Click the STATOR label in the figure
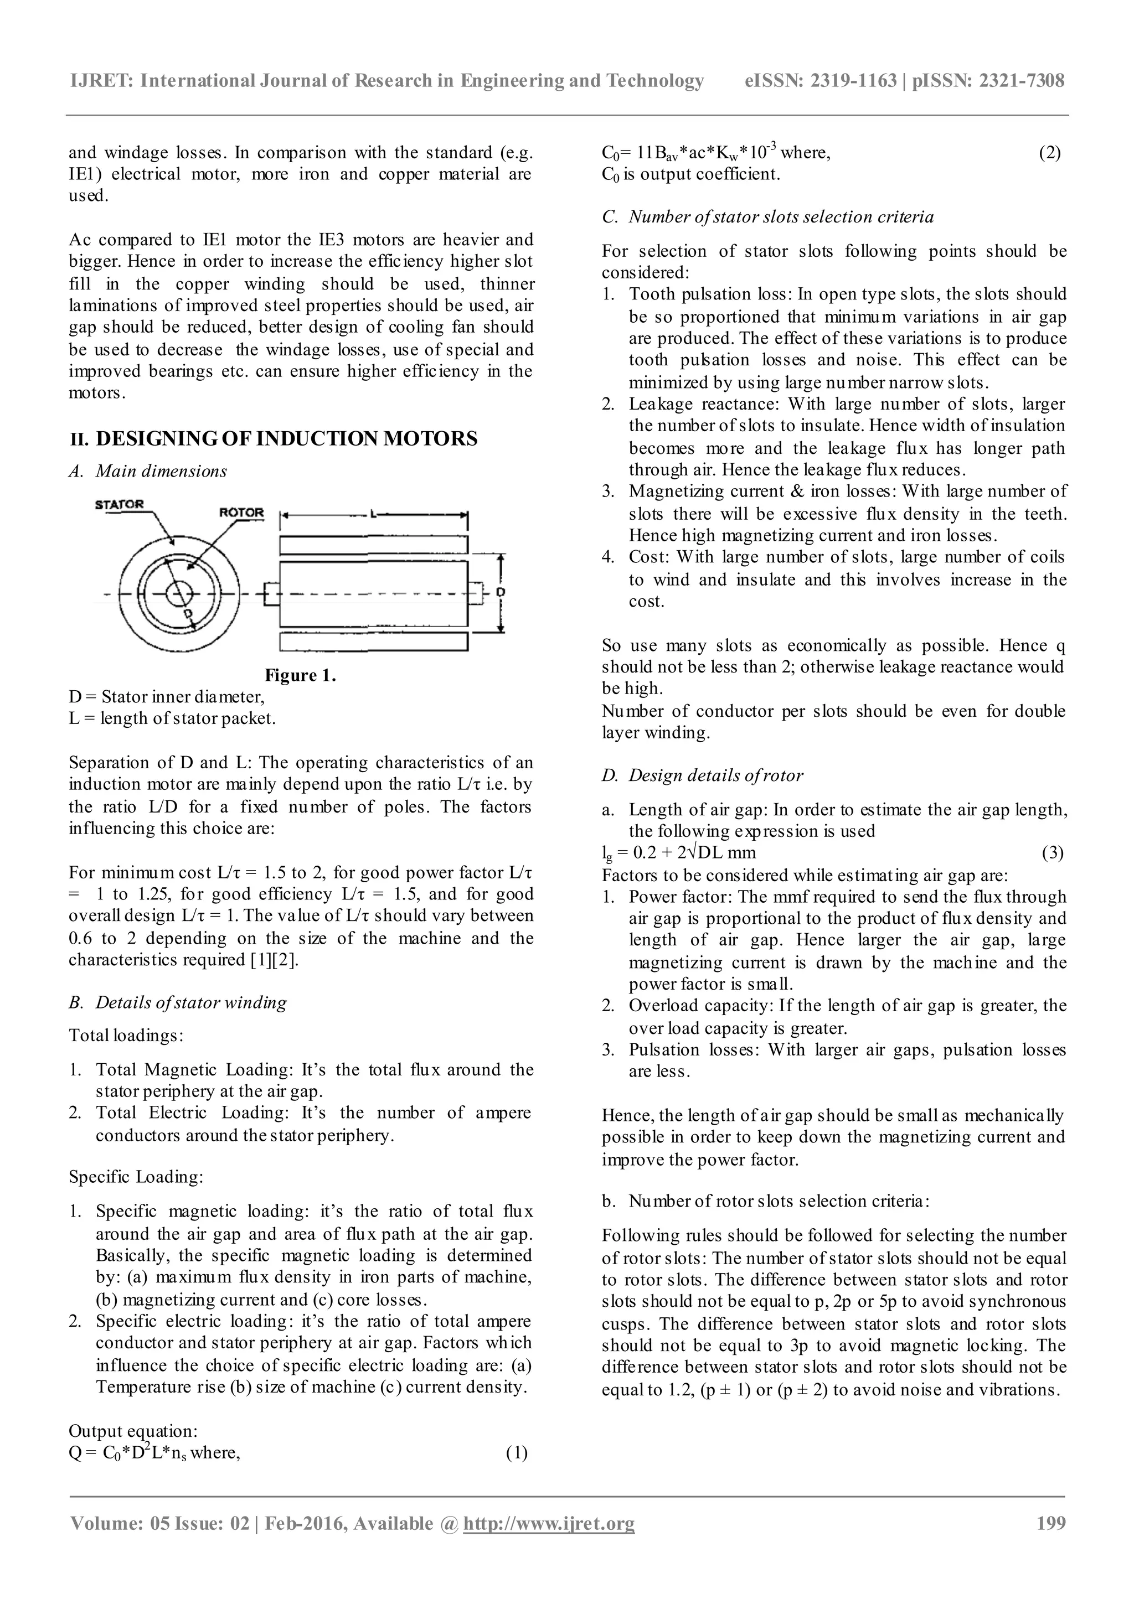click(x=120, y=504)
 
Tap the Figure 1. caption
click(x=300, y=676)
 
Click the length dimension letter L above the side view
click(x=374, y=514)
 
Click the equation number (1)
click(x=517, y=1453)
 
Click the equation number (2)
click(x=1049, y=153)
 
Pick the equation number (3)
click(x=1052, y=853)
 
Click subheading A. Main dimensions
click(x=148, y=472)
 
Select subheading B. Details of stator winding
click(x=178, y=1003)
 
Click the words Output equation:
click(x=133, y=1431)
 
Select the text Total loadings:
click(x=126, y=1036)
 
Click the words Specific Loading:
click(x=136, y=1177)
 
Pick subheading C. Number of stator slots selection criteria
click(x=767, y=218)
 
